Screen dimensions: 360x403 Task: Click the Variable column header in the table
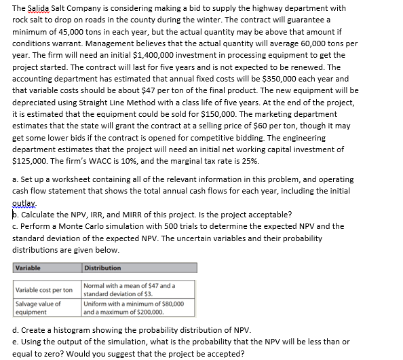28,268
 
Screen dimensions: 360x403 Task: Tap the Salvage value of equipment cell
38,307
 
